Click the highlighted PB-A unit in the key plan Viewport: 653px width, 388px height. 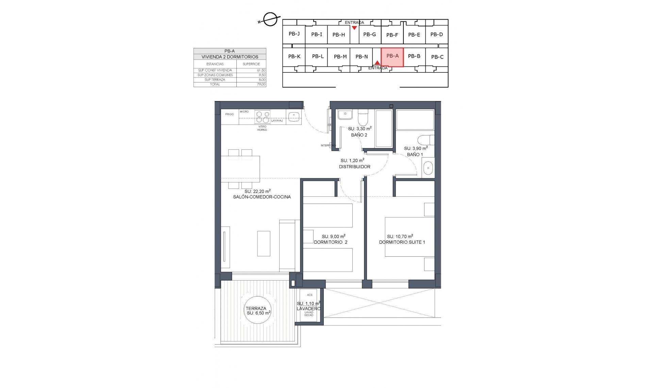[392, 57]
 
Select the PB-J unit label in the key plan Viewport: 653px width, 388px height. [294, 34]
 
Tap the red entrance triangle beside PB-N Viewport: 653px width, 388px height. [377, 63]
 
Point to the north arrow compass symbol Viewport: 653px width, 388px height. [270, 19]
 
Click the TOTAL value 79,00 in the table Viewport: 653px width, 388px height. [261, 84]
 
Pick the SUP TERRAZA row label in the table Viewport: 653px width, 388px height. [215, 80]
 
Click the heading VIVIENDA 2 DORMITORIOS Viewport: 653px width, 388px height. [230, 57]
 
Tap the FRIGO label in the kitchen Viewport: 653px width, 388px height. [229, 114]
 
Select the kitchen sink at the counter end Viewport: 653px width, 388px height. [294, 117]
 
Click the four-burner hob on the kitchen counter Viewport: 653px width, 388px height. [263, 117]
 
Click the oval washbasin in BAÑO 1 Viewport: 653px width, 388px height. [428, 167]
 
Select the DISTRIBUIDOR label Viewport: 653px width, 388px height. [354, 167]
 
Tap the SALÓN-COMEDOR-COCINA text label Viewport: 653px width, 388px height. [262, 197]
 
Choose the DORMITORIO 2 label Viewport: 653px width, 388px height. [330, 242]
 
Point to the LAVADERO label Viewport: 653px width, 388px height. [308, 309]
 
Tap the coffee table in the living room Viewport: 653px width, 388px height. [264, 243]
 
